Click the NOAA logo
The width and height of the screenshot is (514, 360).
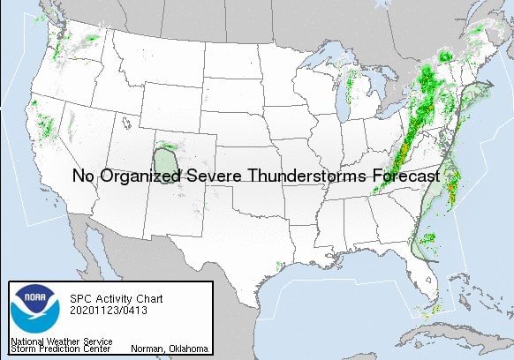[x=34, y=310]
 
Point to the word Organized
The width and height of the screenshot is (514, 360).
[x=136, y=176]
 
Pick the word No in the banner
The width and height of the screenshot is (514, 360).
[x=82, y=176]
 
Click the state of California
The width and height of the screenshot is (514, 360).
[x=44, y=150]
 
